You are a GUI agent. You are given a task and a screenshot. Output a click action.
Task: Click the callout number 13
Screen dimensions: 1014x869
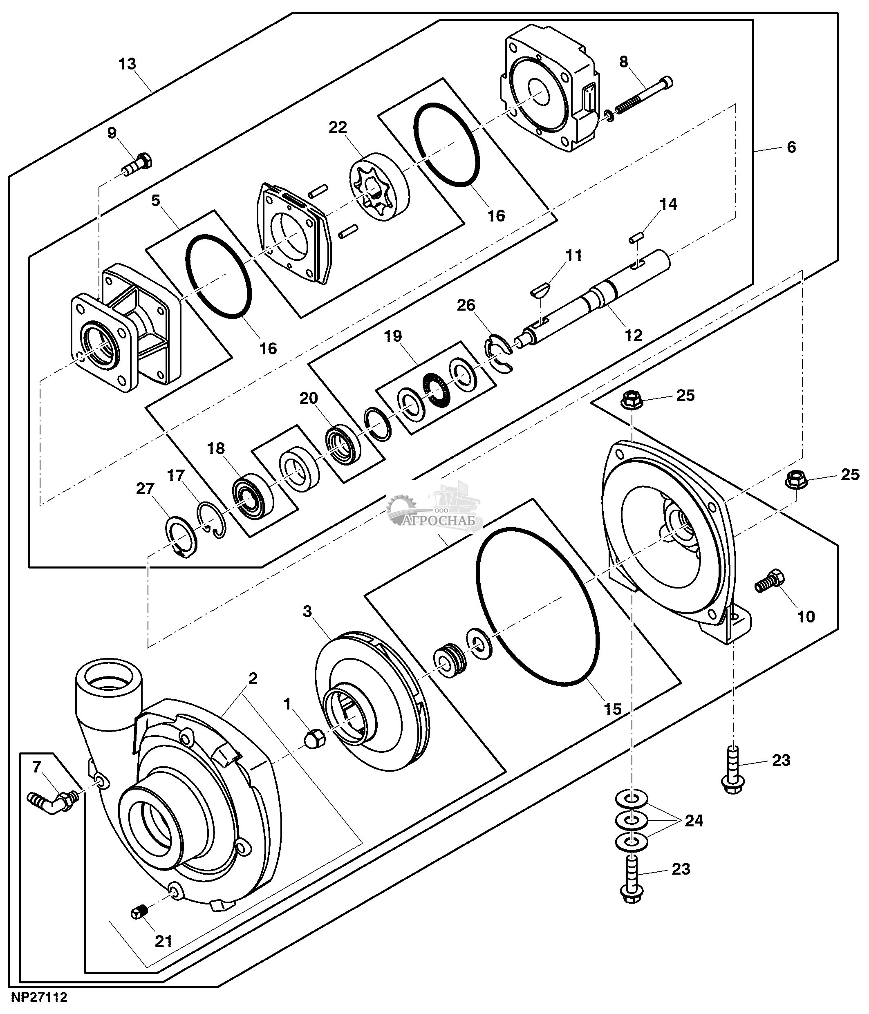(x=127, y=64)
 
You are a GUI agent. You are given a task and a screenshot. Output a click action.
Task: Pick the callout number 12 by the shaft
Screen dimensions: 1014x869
(x=633, y=335)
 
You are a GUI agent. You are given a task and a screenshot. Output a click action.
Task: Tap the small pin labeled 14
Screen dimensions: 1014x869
(x=636, y=238)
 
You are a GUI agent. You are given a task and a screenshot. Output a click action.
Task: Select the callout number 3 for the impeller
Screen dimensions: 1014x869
(x=307, y=611)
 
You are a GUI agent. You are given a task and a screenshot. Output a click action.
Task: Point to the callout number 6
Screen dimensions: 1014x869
(x=791, y=147)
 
